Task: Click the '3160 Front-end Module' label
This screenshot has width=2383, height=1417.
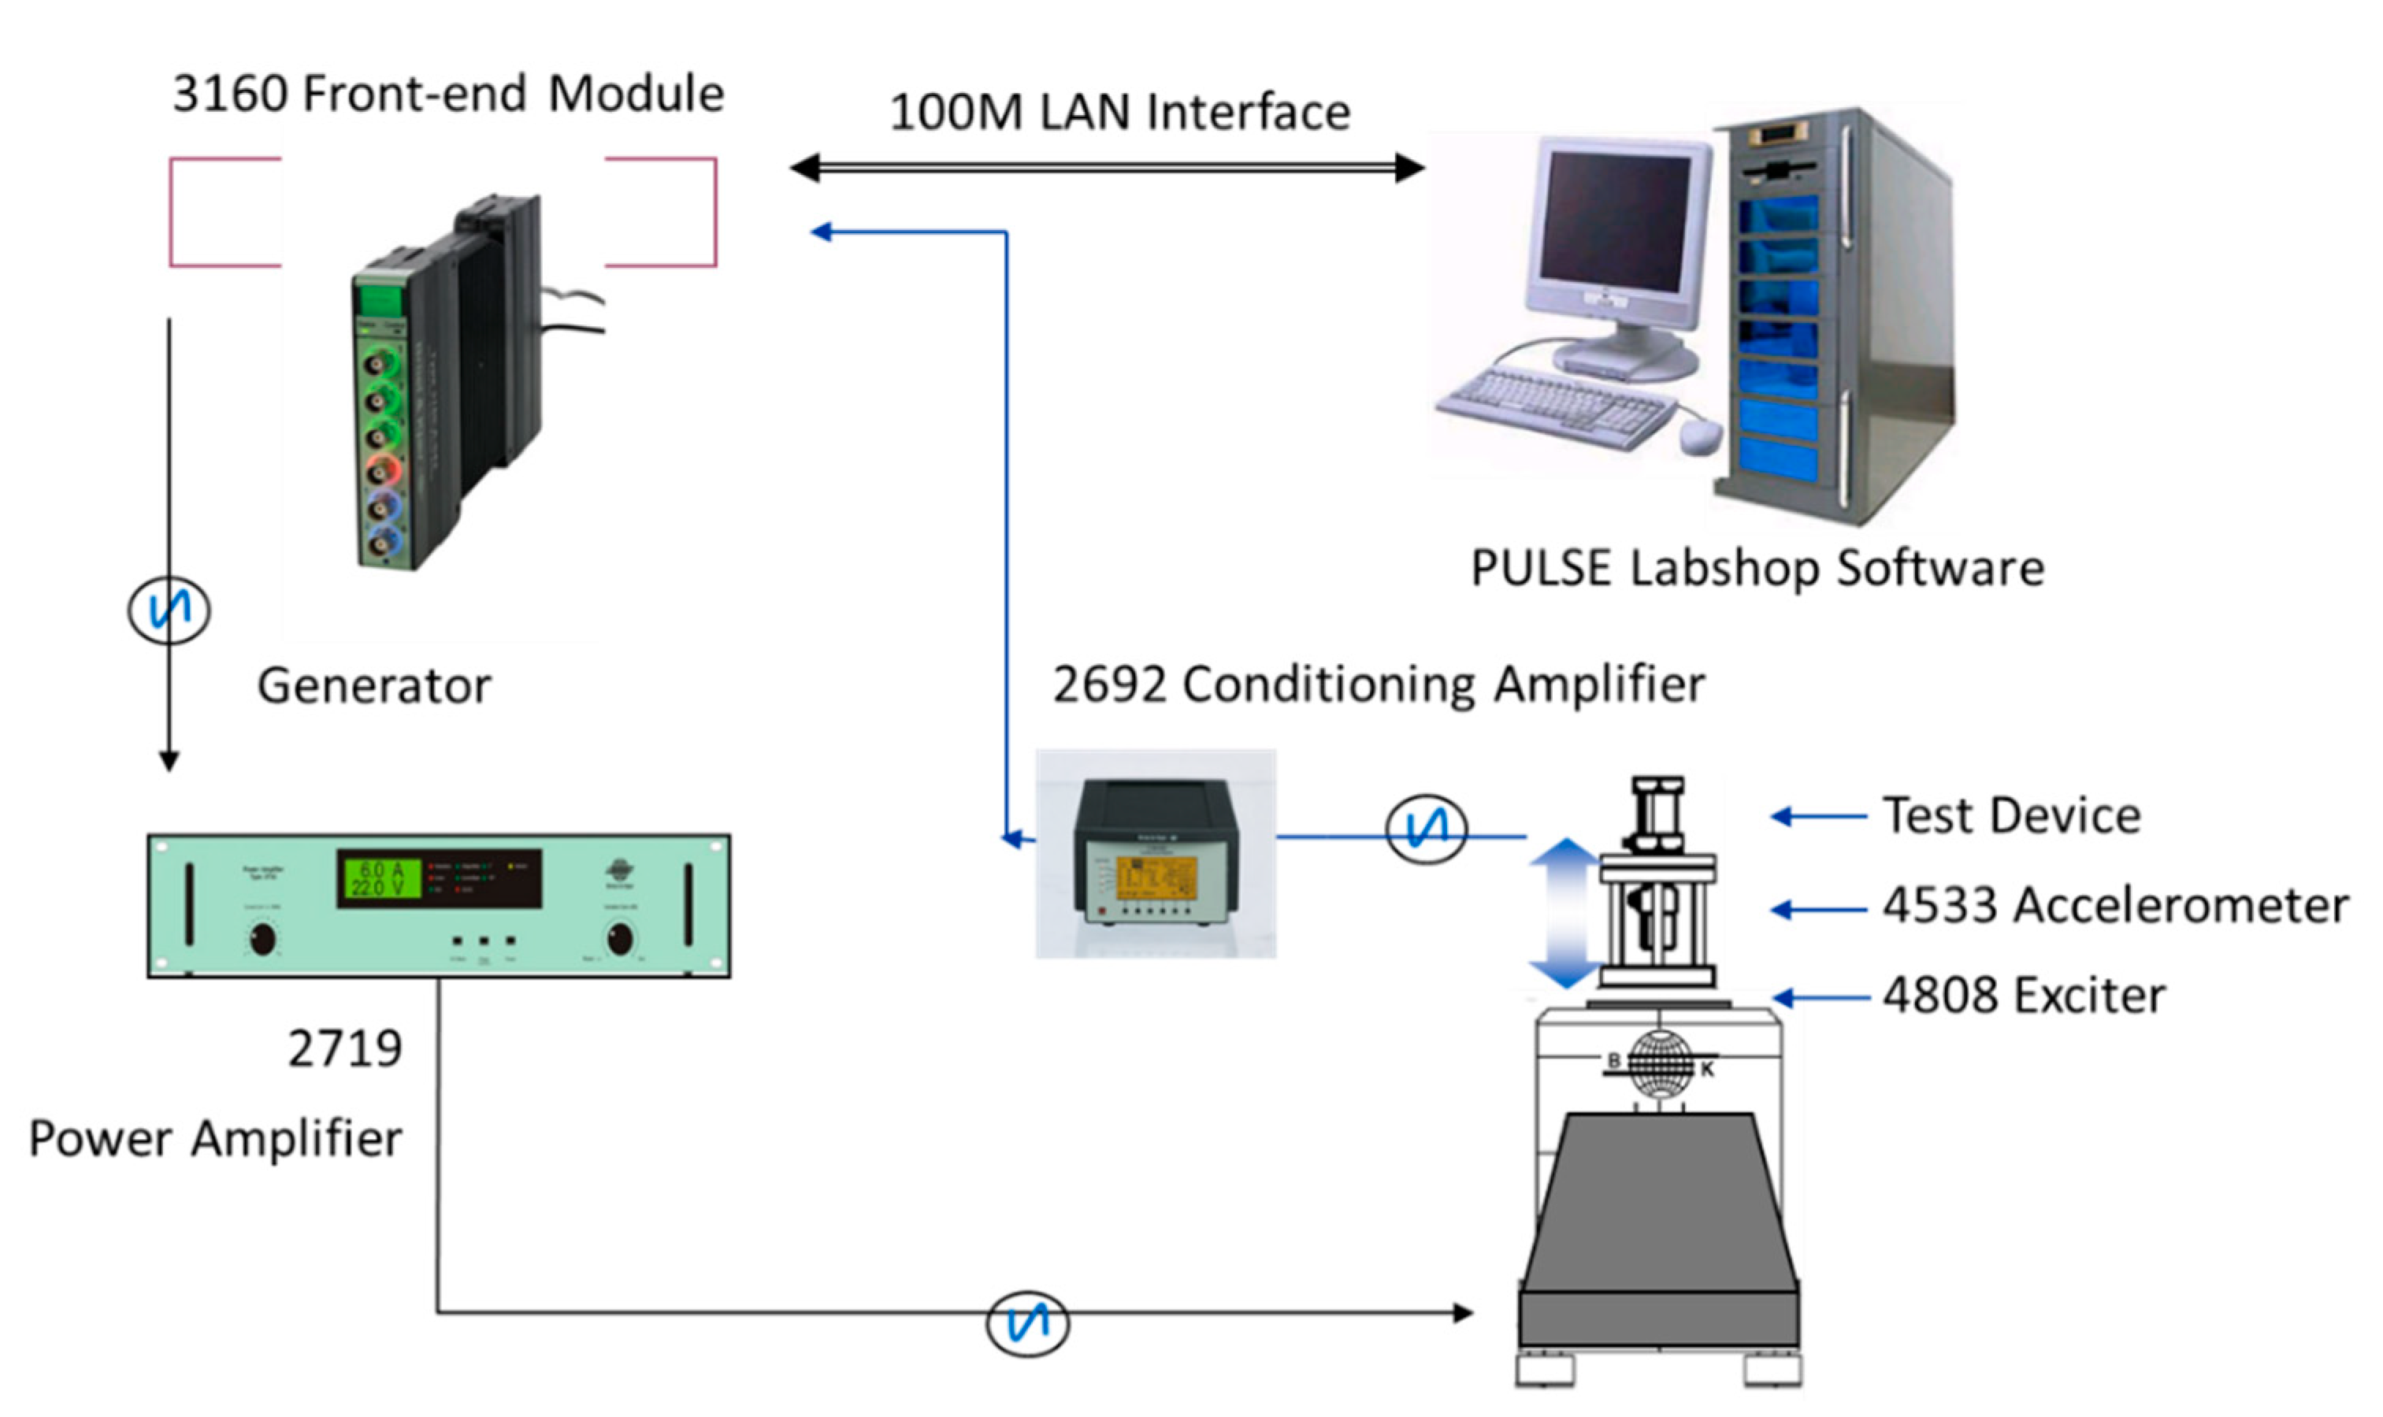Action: point(447,94)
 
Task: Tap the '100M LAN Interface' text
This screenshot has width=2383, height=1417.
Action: point(1119,112)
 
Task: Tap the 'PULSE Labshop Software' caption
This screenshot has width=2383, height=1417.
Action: point(1757,568)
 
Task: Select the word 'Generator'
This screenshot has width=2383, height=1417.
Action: point(374,685)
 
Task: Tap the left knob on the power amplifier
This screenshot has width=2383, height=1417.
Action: point(262,939)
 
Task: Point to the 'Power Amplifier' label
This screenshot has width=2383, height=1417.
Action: point(215,1138)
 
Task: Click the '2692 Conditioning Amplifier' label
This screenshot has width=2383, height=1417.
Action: point(1378,684)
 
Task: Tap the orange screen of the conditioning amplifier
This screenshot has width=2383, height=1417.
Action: point(1156,877)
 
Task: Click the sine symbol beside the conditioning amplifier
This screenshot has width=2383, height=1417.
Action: point(1425,829)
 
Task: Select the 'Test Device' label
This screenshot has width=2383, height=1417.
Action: point(2010,815)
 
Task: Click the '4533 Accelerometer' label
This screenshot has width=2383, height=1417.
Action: point(2114,905)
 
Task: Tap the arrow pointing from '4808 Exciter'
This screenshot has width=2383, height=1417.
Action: point(1819,999)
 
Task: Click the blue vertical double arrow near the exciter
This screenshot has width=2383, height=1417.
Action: point(1565,912)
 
